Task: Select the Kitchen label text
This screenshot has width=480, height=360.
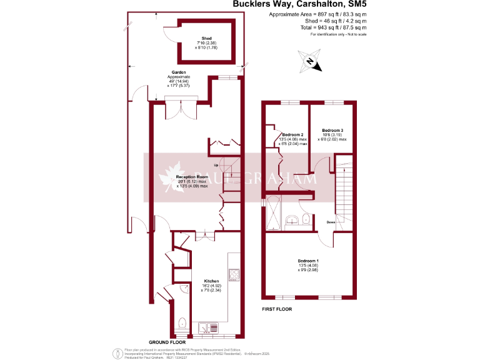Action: tap(209, 281)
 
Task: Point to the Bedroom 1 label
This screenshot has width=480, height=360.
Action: tap(308, 261)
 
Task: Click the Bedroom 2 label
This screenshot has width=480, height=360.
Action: tap(292, 135)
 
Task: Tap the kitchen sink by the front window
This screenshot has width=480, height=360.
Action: tap(206, 327)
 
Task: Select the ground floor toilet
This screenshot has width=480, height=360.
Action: tap(181, 323)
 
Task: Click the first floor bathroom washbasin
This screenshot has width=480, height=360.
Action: tap(292, 219)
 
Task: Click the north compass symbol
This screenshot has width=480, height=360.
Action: tap(310, 62)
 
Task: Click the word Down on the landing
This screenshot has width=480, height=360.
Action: tap(331, 222)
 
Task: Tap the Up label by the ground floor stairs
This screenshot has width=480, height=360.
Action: tap(217, 165)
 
